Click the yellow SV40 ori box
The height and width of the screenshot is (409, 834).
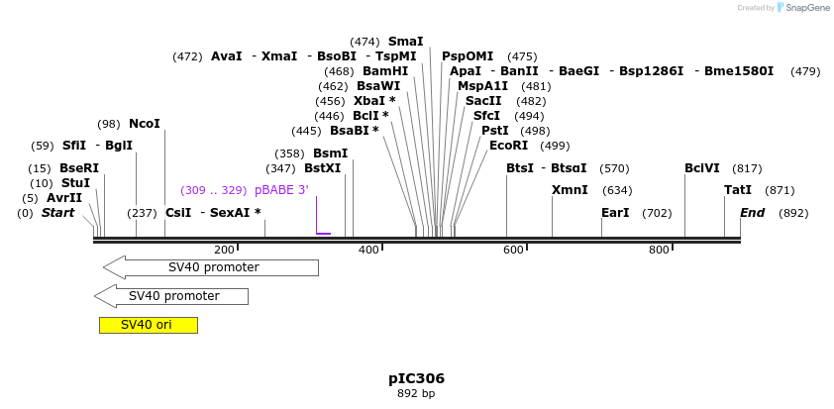(x=148, y=325)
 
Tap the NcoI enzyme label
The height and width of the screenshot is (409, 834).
(x=144, y=124)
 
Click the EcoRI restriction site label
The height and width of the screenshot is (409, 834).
(x=508, y=146)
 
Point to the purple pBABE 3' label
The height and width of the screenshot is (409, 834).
(x=281, y=190)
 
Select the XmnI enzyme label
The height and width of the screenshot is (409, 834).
(x=570, y=190)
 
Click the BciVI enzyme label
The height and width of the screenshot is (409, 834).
(x=701, y=168)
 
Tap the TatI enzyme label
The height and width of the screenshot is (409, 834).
(x=737, y=190)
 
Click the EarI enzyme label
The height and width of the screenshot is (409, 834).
(x=615, y=213)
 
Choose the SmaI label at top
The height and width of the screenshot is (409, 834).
(x=405, y=42)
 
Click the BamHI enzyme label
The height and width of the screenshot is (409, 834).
(x=384, y=71)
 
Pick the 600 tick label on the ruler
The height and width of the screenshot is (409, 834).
(x=513, y=251)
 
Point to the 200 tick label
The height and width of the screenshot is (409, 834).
(x=224, y=251)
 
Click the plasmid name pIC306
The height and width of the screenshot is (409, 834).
(x=416, y=378)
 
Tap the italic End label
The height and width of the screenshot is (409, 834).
(x=752, y=213)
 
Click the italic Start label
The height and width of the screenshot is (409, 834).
(x=57, y=213)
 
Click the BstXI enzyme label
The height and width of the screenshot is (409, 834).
(x=322, y=168)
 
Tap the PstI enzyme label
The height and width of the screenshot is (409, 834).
(x=494, y=131)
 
